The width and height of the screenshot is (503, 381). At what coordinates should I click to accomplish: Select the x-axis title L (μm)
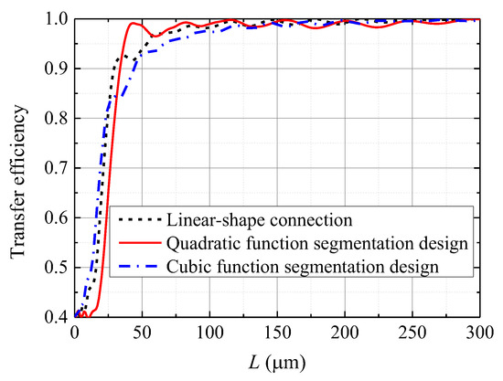click(277, 362)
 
